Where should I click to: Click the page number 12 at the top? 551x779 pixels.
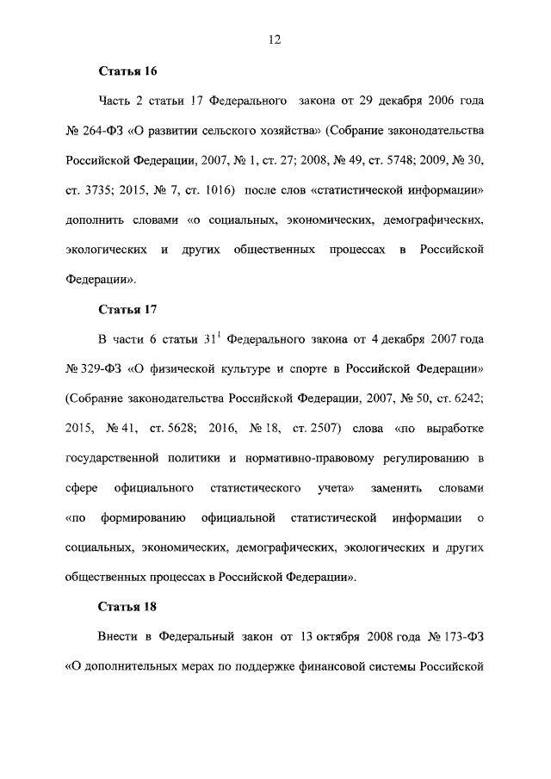click(275, 39)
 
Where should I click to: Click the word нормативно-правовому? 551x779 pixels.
click(315, 458)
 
